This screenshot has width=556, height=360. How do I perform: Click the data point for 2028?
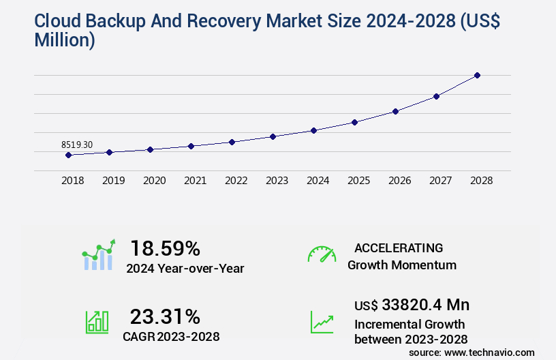477,75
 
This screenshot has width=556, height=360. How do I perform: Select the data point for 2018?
68,155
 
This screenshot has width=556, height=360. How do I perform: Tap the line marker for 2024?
313,130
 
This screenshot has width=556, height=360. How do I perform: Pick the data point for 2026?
395,111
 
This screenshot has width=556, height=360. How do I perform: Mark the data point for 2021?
191,146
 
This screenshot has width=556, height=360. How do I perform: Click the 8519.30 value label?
77,145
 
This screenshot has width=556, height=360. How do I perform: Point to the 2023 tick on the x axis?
277,181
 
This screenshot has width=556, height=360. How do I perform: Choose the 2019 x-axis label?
113,181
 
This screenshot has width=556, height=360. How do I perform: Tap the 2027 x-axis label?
440,181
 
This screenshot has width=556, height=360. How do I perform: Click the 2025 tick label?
358,181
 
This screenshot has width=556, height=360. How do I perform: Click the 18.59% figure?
166,248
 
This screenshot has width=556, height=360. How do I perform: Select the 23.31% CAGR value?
166,316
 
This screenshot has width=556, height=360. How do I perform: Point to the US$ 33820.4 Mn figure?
412,304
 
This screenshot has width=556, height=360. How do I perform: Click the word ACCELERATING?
399,248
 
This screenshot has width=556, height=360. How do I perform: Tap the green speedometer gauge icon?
322,254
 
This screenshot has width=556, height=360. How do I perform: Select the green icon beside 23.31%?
97,322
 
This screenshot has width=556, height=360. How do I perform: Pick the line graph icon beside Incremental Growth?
322,322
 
